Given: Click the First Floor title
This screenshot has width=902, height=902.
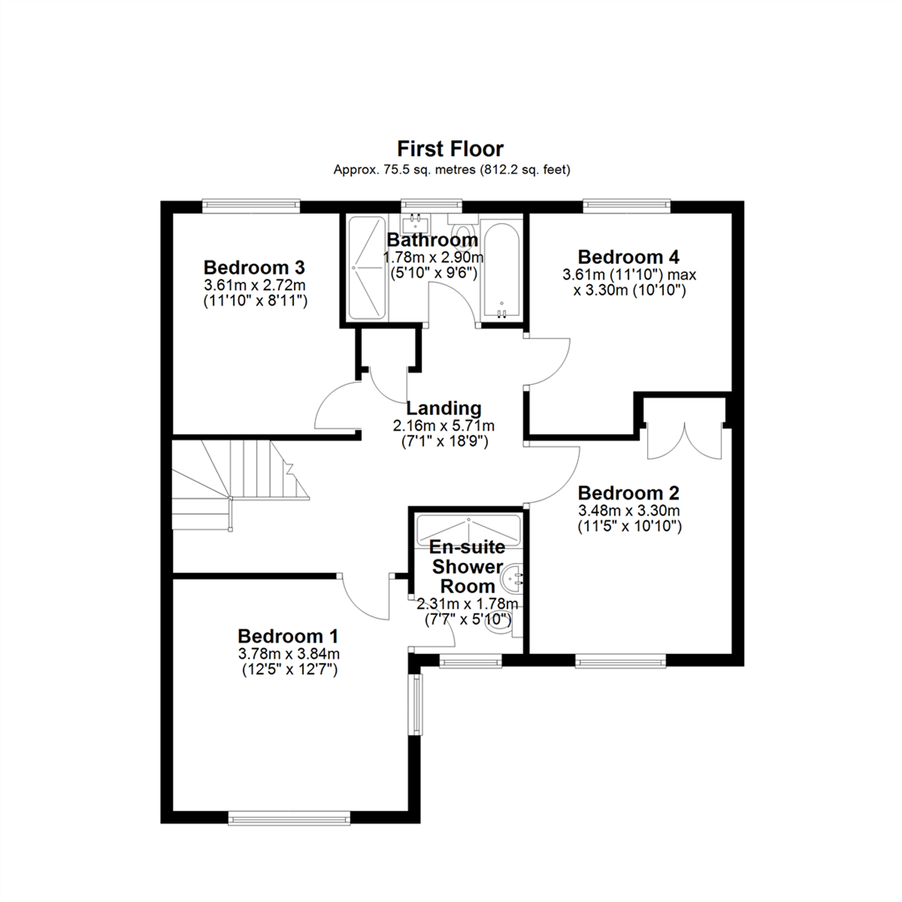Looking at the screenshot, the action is click(450, 149).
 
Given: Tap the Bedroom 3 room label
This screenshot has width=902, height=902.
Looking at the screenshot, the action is click(254, 267).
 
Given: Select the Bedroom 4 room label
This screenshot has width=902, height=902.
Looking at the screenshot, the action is click(629, 256).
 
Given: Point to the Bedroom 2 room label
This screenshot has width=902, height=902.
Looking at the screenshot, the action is click(629, 493).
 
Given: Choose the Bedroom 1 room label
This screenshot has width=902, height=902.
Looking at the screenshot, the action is click(288, 636).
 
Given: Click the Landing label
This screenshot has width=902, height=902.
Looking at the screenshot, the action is click(443, 408).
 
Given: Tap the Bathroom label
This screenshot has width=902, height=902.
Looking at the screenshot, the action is click(432, 240).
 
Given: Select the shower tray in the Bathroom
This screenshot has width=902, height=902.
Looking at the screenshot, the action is click(367, 267).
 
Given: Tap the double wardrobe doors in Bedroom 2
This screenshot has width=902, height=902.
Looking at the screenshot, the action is click(685, 441).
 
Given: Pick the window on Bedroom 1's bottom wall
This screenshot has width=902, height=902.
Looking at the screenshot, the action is click(289, 818).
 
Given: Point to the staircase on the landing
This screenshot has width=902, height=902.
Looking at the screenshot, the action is click(241, 484).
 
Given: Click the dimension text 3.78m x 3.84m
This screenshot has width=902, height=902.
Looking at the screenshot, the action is click(289, 654).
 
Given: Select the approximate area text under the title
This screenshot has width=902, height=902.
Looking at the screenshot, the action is click(452, 170).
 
